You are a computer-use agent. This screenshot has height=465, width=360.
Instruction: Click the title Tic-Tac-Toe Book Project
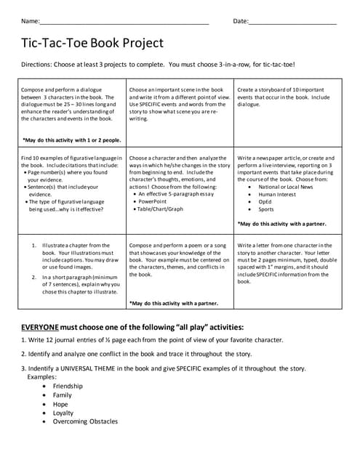(x=93, y=44)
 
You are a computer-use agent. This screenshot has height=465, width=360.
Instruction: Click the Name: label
(x=31, y=21)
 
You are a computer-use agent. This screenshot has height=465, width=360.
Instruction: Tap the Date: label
(x=241, y=21)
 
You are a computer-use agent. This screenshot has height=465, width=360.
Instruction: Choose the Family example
(x=63, y=395)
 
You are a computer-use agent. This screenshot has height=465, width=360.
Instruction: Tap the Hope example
(x=60, y=404)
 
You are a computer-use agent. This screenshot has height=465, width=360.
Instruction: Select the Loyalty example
(x=63, y=413)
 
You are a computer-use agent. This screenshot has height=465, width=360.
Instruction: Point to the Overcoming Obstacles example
(x=84, y=421)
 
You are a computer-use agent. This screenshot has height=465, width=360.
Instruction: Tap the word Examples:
(x=41, y=377)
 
